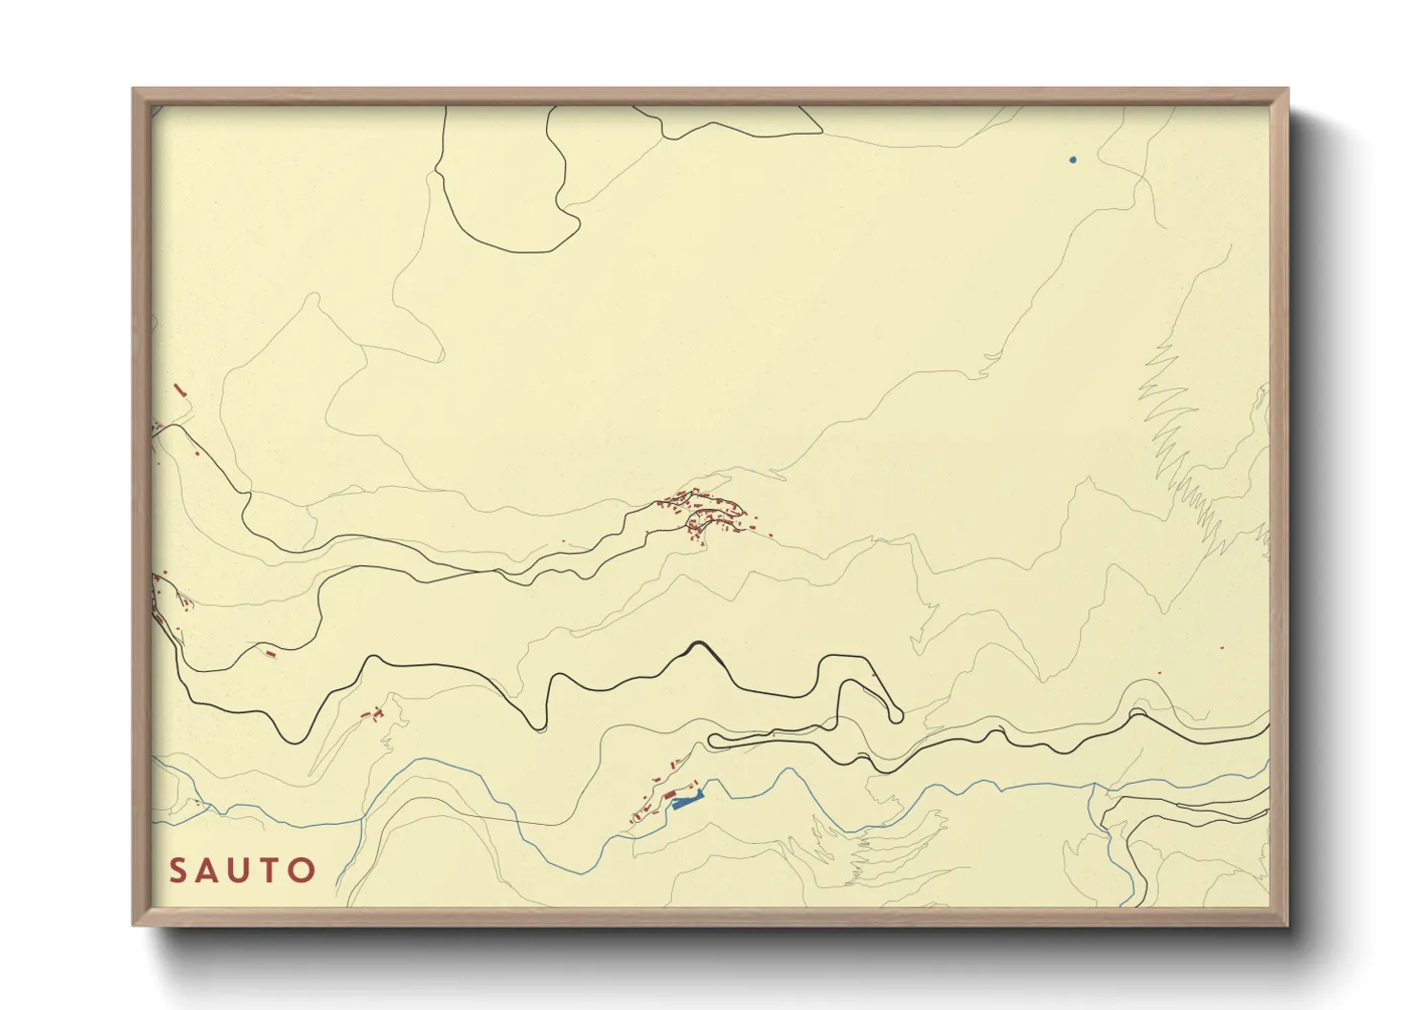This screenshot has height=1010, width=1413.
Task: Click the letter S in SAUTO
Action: (x=178, y=871)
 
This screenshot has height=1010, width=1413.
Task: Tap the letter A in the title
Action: (x=209, y=871)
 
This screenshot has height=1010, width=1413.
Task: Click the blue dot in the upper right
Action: (x=1073, y=159)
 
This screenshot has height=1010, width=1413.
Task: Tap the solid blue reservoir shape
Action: (x=686, y=802)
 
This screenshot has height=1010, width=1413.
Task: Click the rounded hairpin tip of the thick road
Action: (x=896, y=714)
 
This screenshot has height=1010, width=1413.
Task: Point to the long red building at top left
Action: (x=179, y=389)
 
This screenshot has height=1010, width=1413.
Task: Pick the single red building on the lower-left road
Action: (x=270, y=654)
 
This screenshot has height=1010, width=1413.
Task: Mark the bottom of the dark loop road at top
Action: (x=520, y=252)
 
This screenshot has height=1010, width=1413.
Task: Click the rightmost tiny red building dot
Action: (x=1222, y=648)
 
